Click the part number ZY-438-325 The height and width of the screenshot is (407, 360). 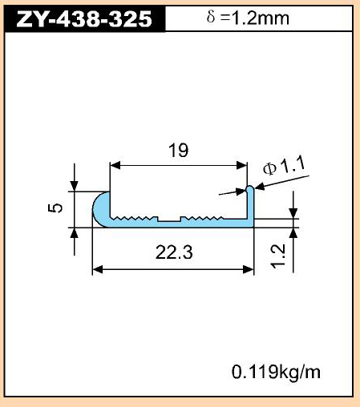[84, 19]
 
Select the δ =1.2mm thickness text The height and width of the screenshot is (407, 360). [248, 18]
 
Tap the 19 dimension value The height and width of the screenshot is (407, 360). [178, 150]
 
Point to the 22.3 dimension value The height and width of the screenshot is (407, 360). [174, 252]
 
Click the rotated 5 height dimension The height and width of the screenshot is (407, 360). [55, 208]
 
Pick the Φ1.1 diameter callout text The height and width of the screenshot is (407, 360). [284, 166]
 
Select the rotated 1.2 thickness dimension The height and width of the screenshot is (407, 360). [278, 256]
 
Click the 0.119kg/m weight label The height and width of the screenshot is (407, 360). [276, 372]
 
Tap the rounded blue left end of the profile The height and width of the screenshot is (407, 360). [101, 210]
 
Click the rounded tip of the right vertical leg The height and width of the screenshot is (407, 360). [250, 187]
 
